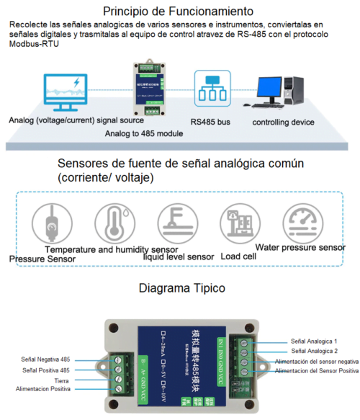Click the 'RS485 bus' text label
pos(212,122)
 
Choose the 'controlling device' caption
pos(283,122)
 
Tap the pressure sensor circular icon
pos(51,224)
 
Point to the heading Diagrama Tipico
pos(178,288)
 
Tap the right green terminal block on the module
pos(243,349)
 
